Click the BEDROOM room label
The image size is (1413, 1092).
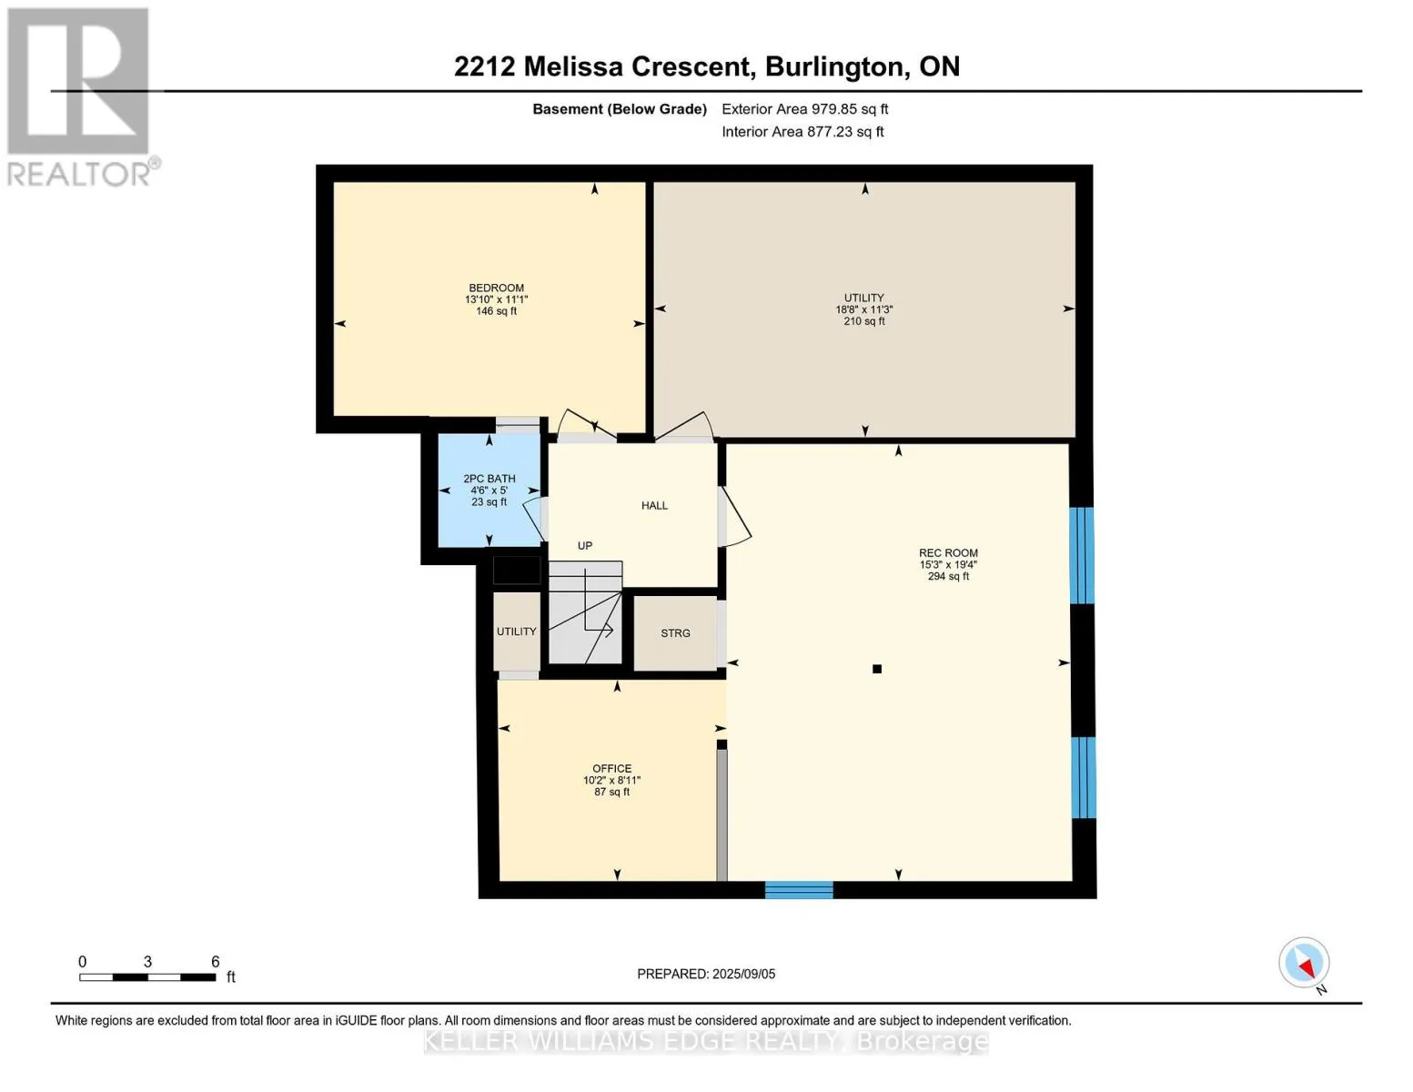coord(496,288)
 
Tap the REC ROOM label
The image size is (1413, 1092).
coord(947,553)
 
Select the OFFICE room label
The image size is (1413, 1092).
coord(611,769)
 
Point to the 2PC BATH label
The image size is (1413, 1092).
coord(489,479)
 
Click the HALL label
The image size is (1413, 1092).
coord(654,505)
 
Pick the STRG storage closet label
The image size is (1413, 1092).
coord(675,632)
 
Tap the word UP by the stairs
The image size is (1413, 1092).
coord(584,546)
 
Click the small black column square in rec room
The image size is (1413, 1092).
coord(876,669)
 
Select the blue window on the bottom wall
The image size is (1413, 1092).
coord(799,890)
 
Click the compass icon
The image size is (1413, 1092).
coord(1304,963)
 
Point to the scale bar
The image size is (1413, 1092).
coord(147,976)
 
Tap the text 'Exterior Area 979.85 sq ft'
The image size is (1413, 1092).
coord(804,109)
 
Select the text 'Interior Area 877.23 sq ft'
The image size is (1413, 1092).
coord(802,132)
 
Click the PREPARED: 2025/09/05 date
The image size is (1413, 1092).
coord(705,974)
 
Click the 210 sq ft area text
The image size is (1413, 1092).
coord(863,321)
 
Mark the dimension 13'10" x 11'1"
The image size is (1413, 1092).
coord(496,299)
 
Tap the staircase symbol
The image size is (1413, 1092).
coord(585,612)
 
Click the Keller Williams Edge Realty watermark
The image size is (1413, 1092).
coord(705,1041)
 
